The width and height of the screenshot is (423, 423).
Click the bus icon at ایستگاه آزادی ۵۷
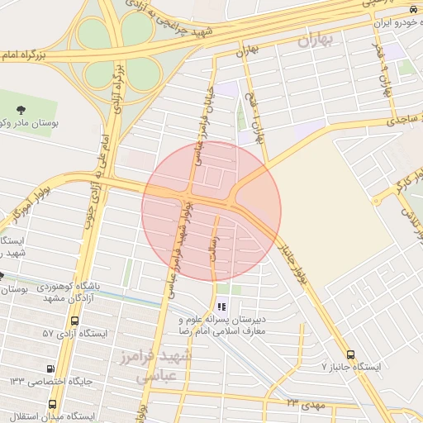(76, 321)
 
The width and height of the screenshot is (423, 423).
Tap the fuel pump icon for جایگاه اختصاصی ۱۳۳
(51, 368)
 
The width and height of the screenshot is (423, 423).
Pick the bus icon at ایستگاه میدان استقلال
(53, 404)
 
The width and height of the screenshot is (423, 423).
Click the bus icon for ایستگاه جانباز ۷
(351, 354)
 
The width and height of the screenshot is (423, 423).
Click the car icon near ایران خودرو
(412, 8)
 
